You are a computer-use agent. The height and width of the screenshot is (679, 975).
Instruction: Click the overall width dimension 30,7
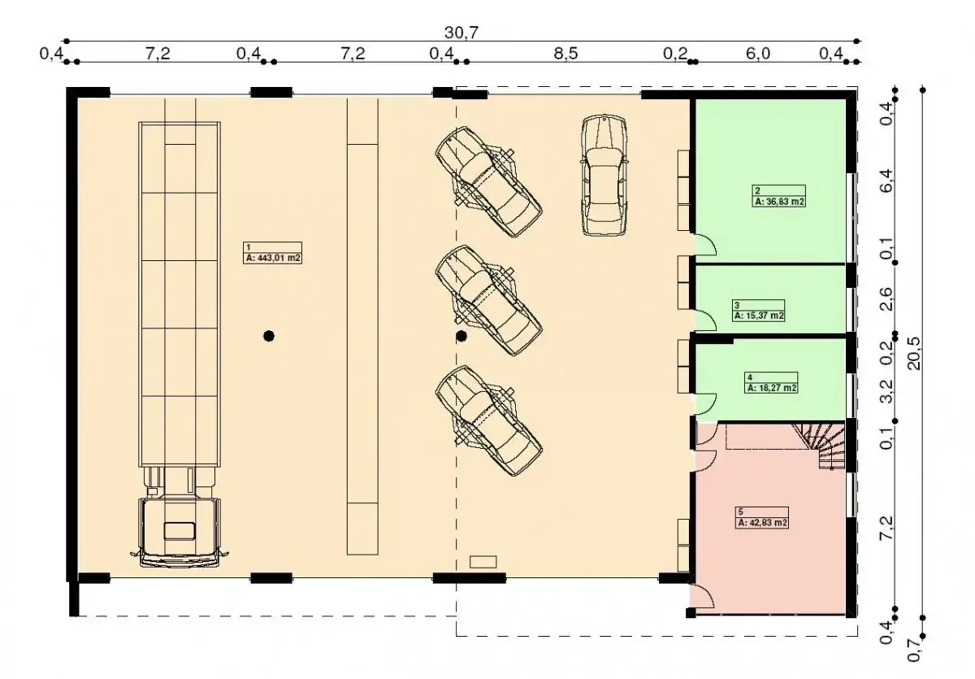(x=461, y=33)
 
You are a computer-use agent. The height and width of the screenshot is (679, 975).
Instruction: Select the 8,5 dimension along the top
(x=565, y=53)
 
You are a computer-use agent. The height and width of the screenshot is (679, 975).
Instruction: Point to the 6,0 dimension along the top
(x=758, y=53)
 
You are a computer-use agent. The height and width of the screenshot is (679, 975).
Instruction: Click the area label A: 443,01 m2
(x=272, y=258)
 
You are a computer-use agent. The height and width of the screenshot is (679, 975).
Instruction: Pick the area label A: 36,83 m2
(x=779, y=202)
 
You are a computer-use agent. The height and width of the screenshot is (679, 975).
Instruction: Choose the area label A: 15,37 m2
(x=759, y=316)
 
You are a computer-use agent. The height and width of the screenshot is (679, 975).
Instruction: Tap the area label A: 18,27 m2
(x=772, y=388)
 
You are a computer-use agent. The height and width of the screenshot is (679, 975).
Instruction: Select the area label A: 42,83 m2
(x=762, y=523)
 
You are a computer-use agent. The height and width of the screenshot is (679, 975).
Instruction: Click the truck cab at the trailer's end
(x=180, y=533)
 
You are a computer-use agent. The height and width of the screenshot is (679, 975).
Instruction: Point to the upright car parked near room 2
(x=604, y=176)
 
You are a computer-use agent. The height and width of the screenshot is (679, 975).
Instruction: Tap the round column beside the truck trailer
(x=269, y=336)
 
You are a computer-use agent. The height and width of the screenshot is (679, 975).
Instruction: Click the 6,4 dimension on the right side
(x=886, y=181)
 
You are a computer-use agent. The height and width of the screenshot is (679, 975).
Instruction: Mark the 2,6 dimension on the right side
(x=886, y=299)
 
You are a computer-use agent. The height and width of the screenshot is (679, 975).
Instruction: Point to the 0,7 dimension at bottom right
(x=914, y=650)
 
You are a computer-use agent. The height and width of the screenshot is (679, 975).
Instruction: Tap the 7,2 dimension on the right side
(x=886, y=528)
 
